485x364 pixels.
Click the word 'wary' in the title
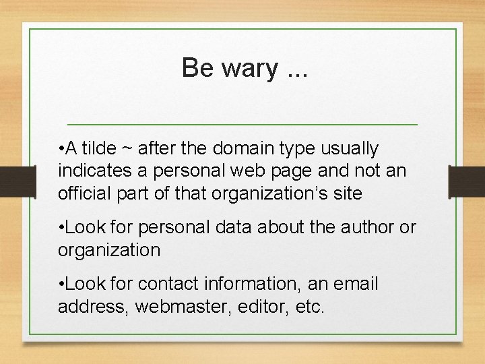[x=242, y=68]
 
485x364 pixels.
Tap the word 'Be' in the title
[x=197, y=67]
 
